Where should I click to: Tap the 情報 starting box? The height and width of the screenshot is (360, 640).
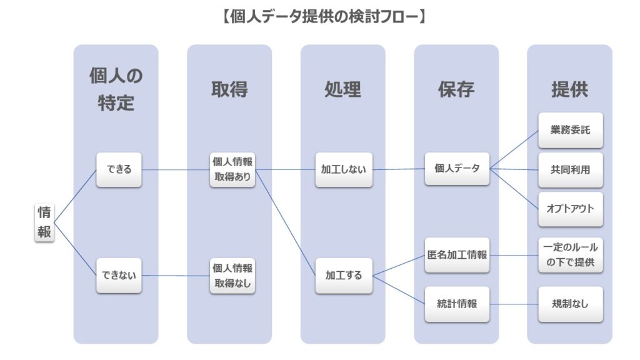(44, 222)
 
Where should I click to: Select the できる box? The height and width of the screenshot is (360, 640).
(119, 169)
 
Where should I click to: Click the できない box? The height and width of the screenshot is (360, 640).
(119, 275)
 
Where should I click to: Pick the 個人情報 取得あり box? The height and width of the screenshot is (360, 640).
(232, 169)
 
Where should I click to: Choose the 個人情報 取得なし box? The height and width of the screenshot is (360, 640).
(232, 275)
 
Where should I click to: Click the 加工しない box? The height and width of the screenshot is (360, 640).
(344, 169)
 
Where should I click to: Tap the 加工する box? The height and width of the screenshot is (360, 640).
(344, 275)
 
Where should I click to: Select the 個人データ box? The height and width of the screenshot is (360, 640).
(457, 168)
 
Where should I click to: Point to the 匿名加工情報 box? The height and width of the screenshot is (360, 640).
(457, 254)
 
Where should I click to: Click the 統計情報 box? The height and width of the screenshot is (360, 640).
(457, 304)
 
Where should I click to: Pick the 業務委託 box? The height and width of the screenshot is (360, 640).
(570, 131)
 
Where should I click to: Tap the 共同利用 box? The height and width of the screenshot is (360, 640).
(570, 169)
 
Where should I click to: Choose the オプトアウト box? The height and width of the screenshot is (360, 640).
(570, 209)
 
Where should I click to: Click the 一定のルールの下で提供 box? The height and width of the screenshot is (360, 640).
(570, 256)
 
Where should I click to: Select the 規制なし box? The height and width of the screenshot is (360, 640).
(570, 304)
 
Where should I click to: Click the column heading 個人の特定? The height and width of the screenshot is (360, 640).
(116, 89)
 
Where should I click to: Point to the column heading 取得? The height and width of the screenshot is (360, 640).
(229, 89)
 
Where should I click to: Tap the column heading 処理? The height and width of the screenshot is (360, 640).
(342, 89)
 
